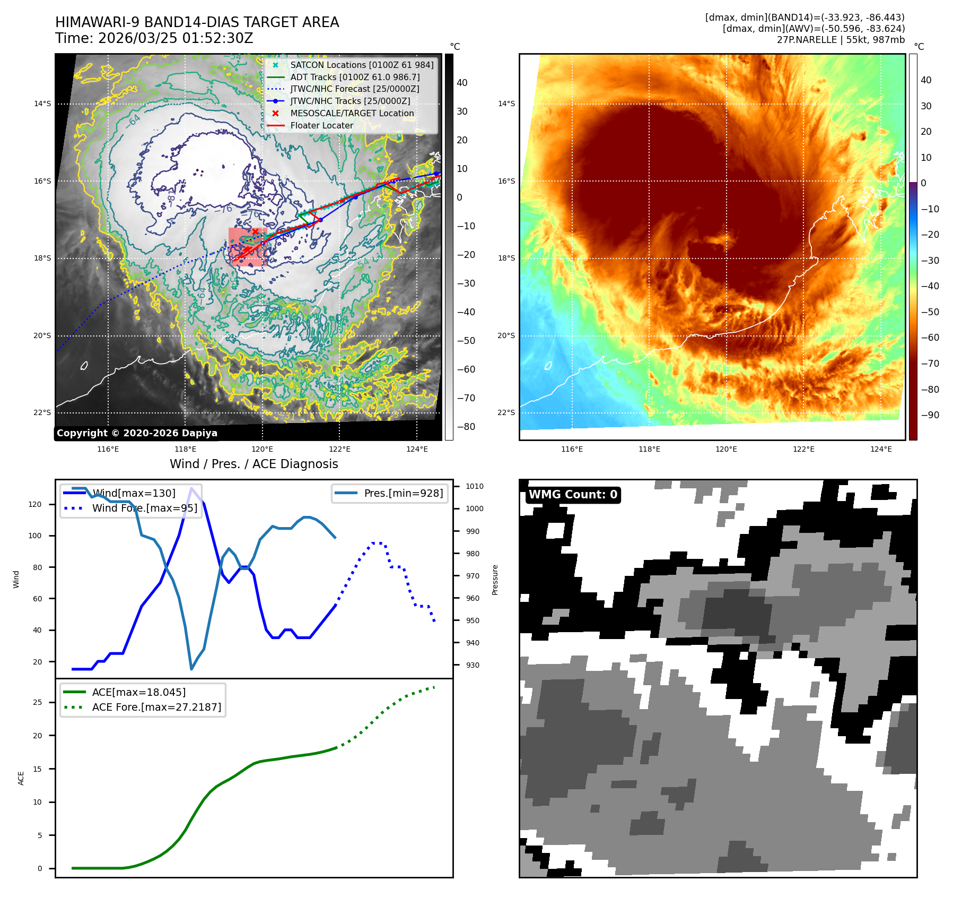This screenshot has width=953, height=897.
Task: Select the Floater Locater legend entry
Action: (321, 125)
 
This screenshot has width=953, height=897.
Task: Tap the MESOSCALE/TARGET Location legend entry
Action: (352, 113)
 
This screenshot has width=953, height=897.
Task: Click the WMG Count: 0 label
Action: (573, 495)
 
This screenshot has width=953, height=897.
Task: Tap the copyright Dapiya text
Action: (137, 433)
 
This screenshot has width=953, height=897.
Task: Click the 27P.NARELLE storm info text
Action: (841, 40)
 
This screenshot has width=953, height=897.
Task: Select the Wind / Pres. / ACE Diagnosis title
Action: (253, 464)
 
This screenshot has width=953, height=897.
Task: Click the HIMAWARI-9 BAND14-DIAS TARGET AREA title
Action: (197, 22)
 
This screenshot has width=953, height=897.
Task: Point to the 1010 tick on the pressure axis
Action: (474, 486)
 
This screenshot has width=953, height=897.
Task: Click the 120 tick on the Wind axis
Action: (35, 504)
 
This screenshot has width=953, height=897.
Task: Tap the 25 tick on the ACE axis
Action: (37, 702)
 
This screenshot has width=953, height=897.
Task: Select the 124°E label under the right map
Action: (880, 449)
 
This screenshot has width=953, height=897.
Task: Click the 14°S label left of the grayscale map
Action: (42, 103)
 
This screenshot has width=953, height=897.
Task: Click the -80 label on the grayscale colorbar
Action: (466, 427)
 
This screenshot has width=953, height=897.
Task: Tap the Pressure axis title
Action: (495, 580)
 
